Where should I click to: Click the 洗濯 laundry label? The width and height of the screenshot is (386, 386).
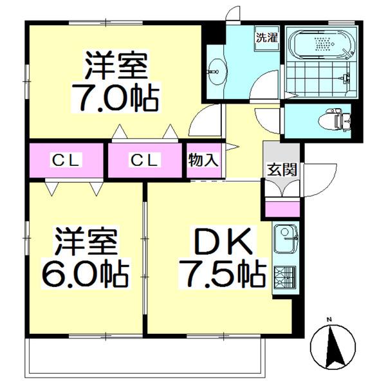point(266,37)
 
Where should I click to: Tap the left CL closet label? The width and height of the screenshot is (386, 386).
point(66,161)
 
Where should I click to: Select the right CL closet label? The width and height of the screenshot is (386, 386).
point(145,161)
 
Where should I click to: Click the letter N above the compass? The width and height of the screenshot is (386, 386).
point(328,320)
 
